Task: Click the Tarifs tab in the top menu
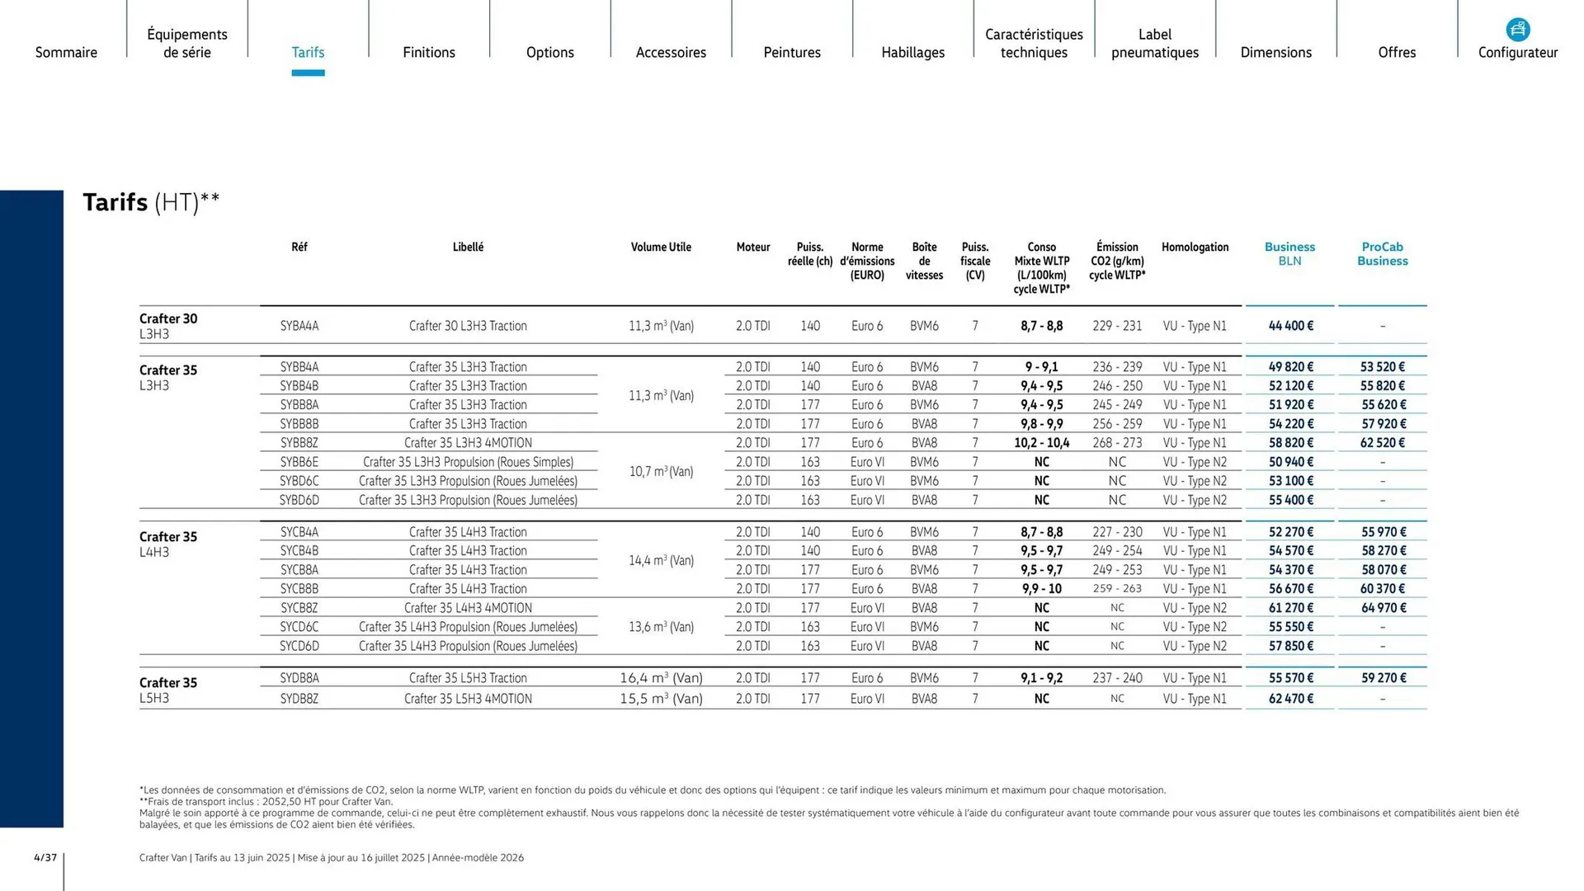tap(308, 52)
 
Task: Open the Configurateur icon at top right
tap(1517, 31)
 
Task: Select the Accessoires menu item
tap(671, 52)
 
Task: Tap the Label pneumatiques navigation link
tap(1154, 44)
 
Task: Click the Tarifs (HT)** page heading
tap(151, 202)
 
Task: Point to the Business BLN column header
tap(1289, 254)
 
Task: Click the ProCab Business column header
tap(1382, 254)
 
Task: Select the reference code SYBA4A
tap(299, 326)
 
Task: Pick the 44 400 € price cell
tap(1290, 326)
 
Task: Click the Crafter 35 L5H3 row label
tap(168, 690)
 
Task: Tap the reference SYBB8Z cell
tap(299, 443)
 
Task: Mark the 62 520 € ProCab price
tap(1383, 443)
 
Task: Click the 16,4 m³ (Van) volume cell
tap(661, 678)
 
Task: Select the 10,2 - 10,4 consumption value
tap(1041, 443)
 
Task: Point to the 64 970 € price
tap(1383, 608)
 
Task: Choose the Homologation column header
tap(1195, 247)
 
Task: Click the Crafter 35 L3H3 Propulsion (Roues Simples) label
tap(468, 462)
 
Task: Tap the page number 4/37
tap(45, 858)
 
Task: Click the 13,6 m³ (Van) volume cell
tap(661, 627)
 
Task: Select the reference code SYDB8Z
tap(299, 699)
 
